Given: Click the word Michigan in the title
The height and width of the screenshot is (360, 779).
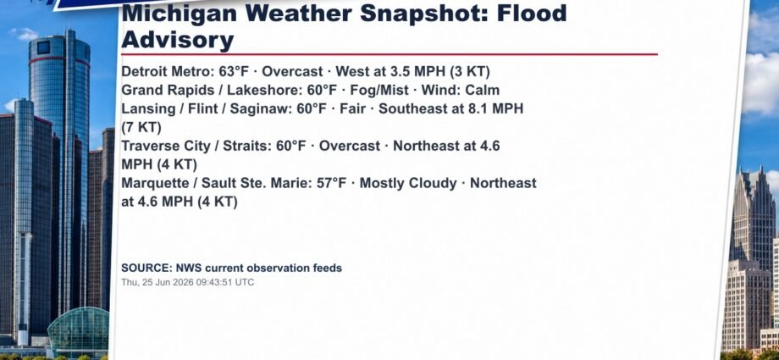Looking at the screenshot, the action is click(180, 14).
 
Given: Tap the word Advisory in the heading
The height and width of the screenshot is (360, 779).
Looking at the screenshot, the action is click(177, 40).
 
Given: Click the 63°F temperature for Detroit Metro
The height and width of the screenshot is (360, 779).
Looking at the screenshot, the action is click(234, 72).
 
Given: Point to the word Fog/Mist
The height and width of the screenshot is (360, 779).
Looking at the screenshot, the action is click(379, 91).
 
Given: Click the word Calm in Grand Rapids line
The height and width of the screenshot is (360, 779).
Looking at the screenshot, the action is click(482, 91).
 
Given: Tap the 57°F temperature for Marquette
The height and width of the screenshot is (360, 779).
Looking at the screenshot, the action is click(331, 184).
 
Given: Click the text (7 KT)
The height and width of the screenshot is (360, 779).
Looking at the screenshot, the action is click(141, 127).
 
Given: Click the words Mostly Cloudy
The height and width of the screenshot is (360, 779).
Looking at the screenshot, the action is click(408, 184).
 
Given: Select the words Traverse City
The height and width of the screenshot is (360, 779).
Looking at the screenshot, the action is click(169, 147).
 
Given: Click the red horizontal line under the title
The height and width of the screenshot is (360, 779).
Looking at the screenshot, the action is click(389, 54).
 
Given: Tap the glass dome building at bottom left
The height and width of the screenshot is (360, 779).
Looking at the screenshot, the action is click(78, 330).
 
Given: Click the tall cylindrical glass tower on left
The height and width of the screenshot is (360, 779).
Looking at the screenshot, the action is click(59, 174).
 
